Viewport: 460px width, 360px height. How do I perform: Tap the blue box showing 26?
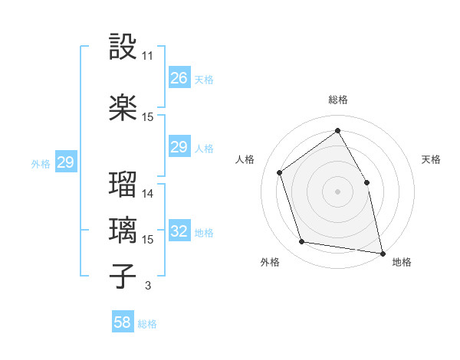[179, 78]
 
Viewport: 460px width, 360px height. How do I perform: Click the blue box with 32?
[179, 232]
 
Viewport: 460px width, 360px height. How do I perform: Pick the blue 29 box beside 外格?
[65, 162]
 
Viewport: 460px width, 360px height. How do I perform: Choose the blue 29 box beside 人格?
[179, 147]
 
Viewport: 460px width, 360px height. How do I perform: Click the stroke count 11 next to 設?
[148, 56]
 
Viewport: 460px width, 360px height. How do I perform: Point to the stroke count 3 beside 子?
[147, 286]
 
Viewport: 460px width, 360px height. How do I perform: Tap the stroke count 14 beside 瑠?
[148, 194]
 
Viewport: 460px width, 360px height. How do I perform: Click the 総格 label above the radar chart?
[338, 100]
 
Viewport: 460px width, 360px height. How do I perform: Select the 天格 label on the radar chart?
[432, 159]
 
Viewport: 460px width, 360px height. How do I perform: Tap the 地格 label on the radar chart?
[402, 262]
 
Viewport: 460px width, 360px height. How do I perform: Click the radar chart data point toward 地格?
[382, 253]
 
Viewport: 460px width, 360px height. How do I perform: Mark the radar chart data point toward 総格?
[337, 131]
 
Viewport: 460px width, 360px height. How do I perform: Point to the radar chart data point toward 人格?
[280, 172]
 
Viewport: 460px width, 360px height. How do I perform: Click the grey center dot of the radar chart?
[337, 191]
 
